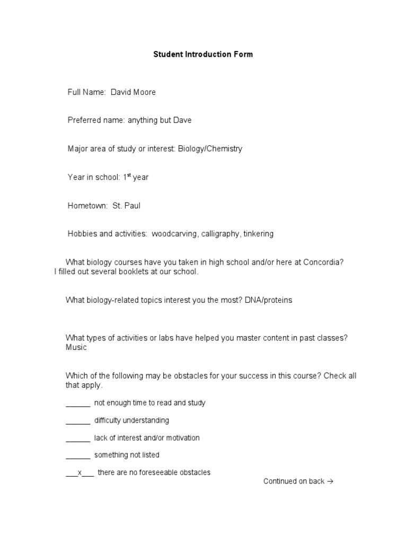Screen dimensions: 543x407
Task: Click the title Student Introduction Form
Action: point(203,54)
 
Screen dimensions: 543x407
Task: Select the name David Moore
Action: point(133,92)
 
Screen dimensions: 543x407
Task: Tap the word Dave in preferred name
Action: point(182,120)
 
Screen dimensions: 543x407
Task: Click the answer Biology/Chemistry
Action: point(210,148)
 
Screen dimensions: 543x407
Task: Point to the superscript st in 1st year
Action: point(128,175)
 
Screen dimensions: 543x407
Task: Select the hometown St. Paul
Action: point(126,206)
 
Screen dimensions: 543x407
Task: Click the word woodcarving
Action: point(174,234)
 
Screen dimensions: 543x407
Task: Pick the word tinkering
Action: point(259,234)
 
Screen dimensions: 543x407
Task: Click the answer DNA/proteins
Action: point(268,300)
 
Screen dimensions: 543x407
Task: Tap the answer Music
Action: point(76,347)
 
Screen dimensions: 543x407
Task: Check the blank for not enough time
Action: point(78,403)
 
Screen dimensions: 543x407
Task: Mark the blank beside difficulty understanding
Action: point(78,421)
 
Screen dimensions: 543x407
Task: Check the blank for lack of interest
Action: point(78,438)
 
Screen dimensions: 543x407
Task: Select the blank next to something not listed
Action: point(78,455)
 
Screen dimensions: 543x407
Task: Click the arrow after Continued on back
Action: point(330,481)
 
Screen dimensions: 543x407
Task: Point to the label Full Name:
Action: point(87,92)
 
